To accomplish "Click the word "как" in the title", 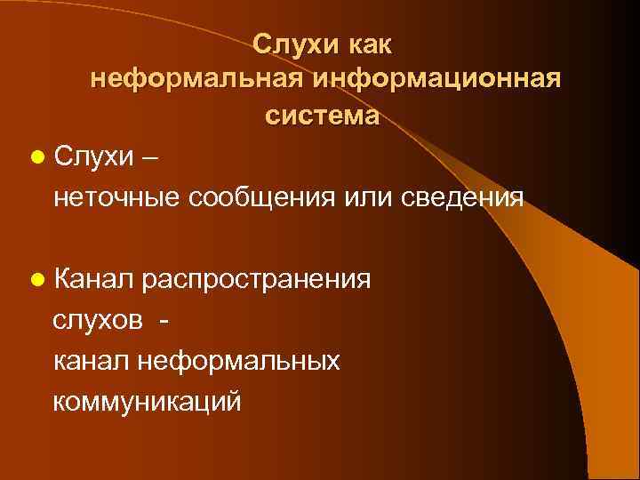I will tap(367, 43).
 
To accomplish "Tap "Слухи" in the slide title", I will tap(292, 43).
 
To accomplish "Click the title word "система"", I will tap(321, 116).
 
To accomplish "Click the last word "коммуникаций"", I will tap(147, 401).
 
